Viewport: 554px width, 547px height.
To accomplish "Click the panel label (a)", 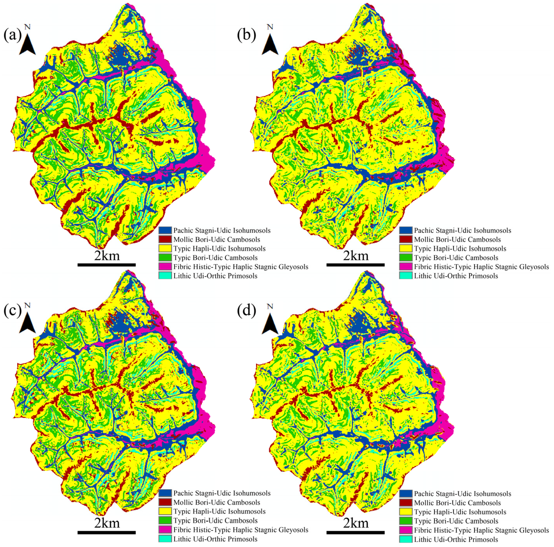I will tap(12, 35).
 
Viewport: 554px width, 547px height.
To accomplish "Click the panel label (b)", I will tap(246, 35).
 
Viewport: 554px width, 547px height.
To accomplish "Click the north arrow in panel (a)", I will tap(27, 43).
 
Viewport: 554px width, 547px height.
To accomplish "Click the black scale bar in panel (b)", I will tap(355, 265).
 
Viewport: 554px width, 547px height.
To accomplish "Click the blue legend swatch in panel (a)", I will tap(165, 230).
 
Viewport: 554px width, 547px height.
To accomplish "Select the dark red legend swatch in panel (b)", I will tap(405, 239).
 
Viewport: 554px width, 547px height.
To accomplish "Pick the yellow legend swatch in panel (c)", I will tap(165, 512).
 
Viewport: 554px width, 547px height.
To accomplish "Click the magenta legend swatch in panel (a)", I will tap(165, 267).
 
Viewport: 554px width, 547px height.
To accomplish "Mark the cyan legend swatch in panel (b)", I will tap(405, 276).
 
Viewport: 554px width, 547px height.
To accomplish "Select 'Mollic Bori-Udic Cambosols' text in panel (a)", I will tap(216, 239).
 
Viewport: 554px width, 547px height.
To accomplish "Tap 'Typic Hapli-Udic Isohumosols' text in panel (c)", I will tap(219, 512).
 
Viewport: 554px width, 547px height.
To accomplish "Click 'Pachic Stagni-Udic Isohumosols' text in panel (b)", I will tap(462, 230).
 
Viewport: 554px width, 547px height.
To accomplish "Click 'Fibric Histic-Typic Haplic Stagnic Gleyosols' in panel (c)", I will tap(241, 530).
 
